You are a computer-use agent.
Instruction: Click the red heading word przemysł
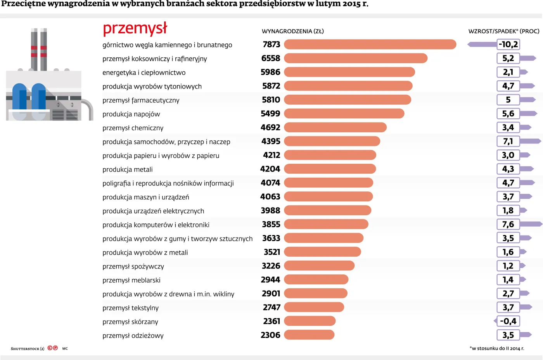coord(135,29)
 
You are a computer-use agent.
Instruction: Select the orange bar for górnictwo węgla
coord(370,45)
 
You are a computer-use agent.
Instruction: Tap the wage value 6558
coord(271,58)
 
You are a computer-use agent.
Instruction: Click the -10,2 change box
coord(508,45)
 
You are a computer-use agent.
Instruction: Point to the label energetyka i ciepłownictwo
coord(144,73)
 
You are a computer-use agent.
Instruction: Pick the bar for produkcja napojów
coord(344,114)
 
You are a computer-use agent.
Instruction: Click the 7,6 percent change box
coord(508,224)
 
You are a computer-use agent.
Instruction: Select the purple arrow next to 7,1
coord(530,141)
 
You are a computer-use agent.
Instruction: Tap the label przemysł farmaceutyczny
coord(141,100)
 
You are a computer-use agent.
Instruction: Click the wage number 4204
coord(270,169)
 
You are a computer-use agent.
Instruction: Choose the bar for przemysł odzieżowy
coord(309,335)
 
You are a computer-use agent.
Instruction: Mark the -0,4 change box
coord(508,321)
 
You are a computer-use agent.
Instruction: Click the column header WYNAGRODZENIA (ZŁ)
coord(293,31)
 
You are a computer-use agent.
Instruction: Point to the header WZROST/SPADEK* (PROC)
coord(504,31)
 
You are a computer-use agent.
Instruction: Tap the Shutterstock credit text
coord(28,349)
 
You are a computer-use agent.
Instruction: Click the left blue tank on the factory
coord(19,97)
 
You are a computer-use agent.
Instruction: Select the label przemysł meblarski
coord(131,280)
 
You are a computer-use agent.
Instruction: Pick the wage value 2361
coord(271,321)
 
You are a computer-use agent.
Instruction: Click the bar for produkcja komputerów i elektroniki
coord(326,224)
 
